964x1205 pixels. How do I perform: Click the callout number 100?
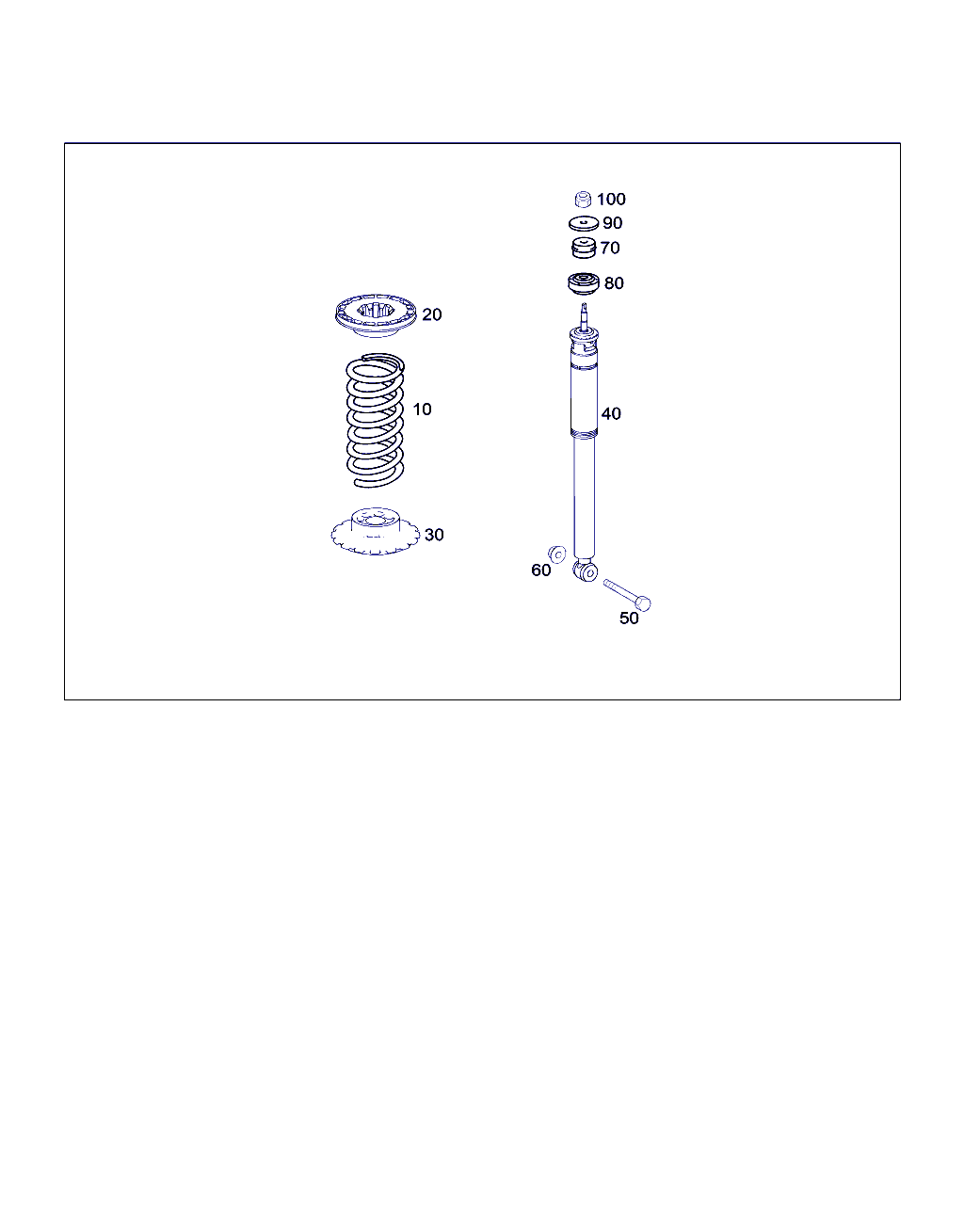click(x=611, y=199)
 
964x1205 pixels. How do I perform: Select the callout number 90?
click(x=612, y=223)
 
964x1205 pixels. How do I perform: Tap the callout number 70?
click(x=609, y=248)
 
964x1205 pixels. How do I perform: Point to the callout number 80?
click(x=614, y=282)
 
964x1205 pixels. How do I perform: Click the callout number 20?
click(x=431, y=314)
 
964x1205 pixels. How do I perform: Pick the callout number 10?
click(x=422, y=410)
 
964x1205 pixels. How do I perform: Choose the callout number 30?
click(x=434, y=535)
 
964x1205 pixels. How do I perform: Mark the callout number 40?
click(x=611, y=414)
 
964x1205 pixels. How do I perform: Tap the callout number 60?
click(x=540, y=570)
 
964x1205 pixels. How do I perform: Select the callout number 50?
click(x=629, y=619)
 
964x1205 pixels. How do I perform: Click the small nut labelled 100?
click(x=583, y=200)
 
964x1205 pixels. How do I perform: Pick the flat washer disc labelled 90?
click(x=584, y=223)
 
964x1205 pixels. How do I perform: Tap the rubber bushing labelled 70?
click(x=583, y=248)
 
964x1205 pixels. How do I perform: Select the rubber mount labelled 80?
click(x=584, y=284)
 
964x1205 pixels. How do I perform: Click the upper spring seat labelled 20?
click(x=376, y=315)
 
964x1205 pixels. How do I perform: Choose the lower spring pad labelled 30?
click(x=375, y=531)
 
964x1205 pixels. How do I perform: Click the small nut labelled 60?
click(x=556, y=554)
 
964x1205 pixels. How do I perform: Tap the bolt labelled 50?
click(x=627, y=595)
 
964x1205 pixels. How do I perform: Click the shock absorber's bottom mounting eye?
click(x=586, y=571)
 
